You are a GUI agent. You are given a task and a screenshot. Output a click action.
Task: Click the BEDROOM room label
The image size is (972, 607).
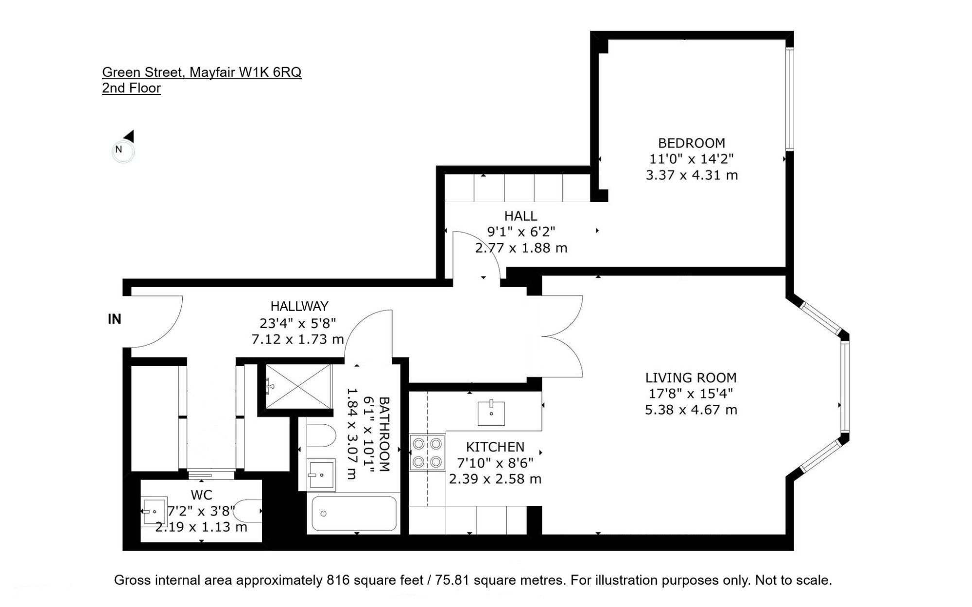[x=691, y=143]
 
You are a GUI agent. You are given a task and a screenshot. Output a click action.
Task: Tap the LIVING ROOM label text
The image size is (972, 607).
[x=691, y=378]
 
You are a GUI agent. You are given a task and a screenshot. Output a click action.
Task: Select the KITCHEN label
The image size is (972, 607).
[x=495, y=447]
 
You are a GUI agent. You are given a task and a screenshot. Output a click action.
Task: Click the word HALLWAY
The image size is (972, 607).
[x=299, y=306]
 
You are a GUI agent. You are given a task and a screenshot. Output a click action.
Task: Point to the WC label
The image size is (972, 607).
[x=201, y=495]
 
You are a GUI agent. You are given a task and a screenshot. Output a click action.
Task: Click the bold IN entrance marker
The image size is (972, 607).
[x=114, y=319]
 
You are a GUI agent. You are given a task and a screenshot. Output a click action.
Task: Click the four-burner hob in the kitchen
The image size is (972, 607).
[x=427, y=452]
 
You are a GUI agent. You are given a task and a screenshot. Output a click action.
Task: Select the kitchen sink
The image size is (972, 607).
[x=491, y=412]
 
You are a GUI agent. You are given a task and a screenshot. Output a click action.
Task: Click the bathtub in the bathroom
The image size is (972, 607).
[x=354, y=514]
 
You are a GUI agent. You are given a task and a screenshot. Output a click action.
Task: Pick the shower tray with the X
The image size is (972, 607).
[x=298, y=386]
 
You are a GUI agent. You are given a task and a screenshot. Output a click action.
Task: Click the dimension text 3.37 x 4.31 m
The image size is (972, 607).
[x=691, y=175]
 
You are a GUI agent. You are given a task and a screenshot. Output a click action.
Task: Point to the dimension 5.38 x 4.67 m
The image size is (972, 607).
[x=691, y=410]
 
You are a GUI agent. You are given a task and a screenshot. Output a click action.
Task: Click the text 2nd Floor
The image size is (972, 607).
[x=131, y=88]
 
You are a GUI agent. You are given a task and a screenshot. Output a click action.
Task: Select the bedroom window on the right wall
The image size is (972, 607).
[x=790, y=99]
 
